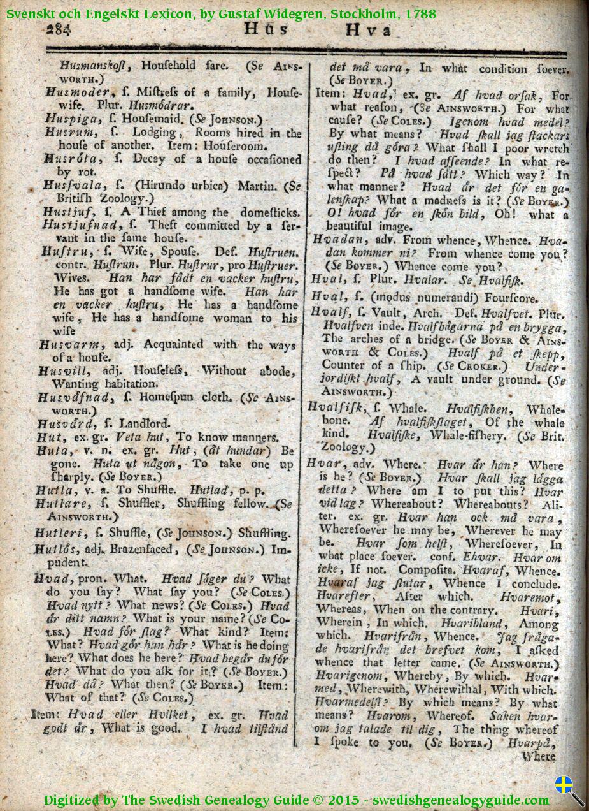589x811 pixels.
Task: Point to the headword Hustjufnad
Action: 73,225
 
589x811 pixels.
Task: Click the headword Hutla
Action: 55,490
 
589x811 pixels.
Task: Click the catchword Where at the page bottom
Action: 538,757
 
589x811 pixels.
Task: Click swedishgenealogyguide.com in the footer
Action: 461,800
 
